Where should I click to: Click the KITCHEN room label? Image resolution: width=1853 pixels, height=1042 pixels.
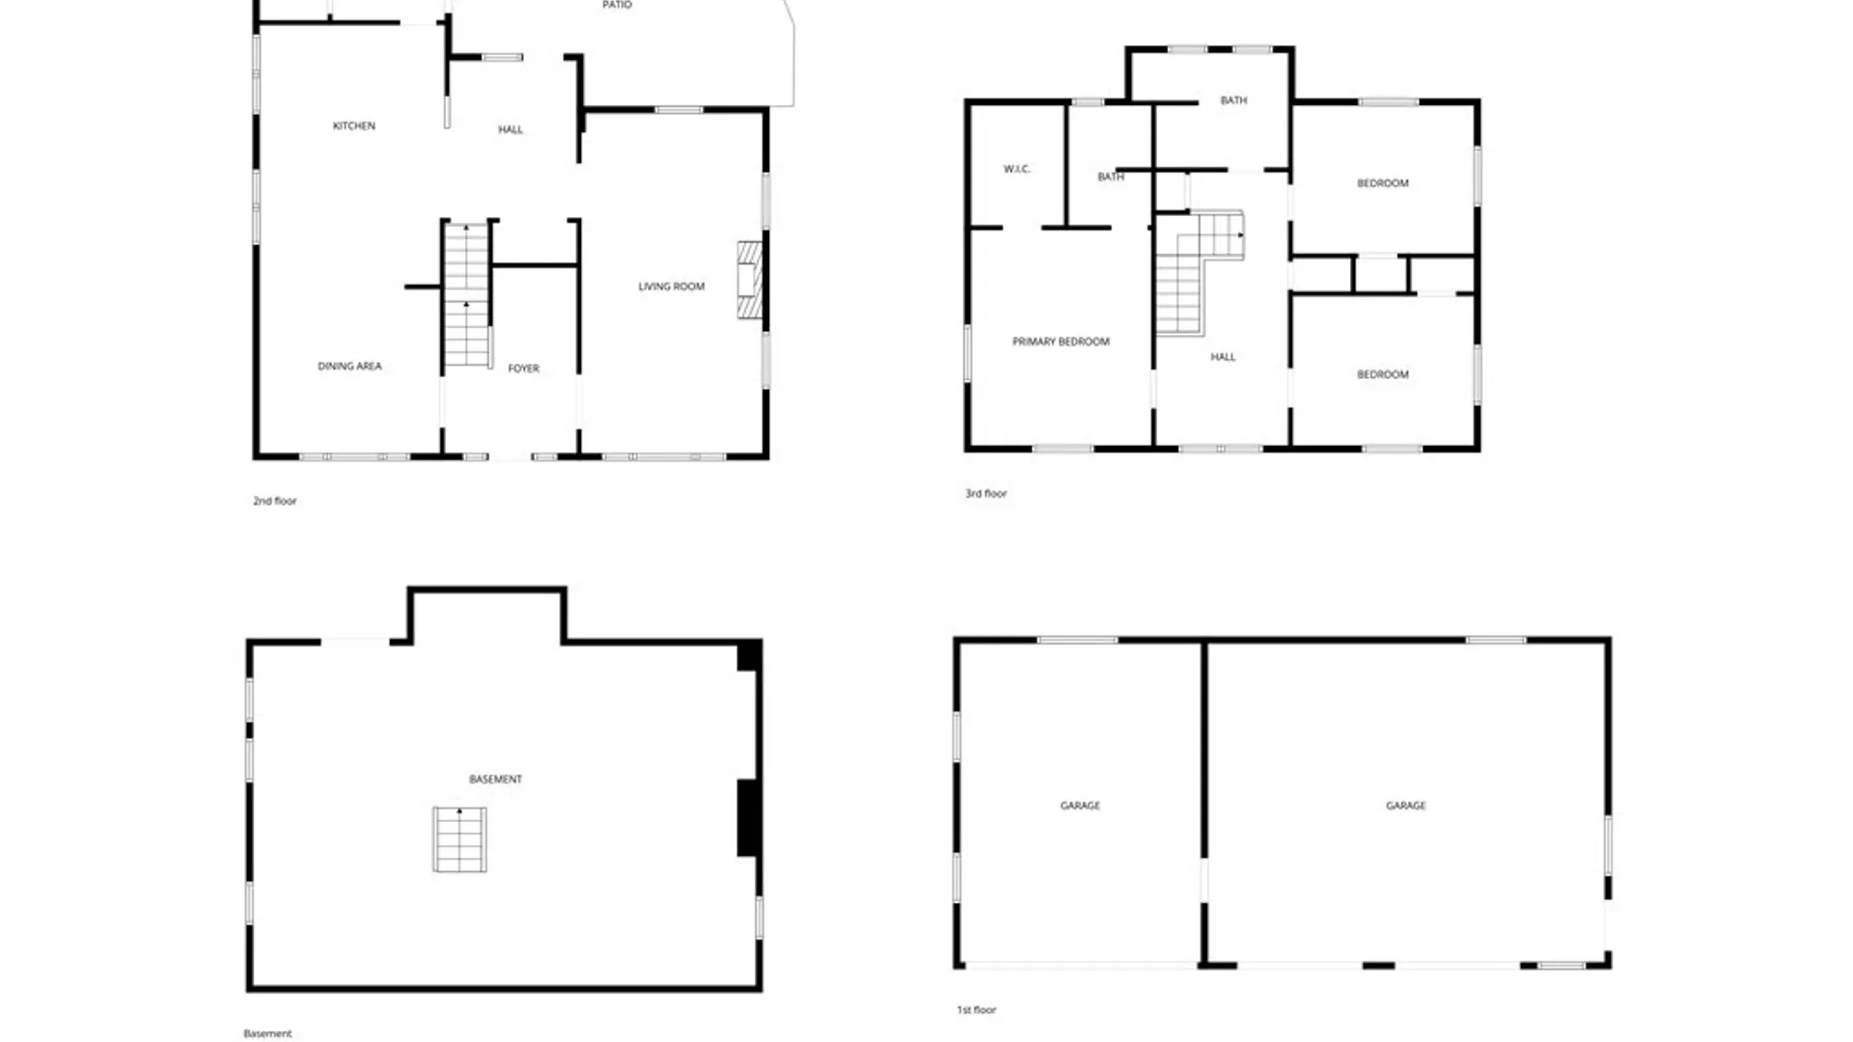(354, 125)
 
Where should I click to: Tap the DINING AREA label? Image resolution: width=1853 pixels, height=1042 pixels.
(349, 366)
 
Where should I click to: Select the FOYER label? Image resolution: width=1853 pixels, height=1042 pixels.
(523, 368)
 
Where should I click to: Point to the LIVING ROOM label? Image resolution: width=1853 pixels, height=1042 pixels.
(671, 286)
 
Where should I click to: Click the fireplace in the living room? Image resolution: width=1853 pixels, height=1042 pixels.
(750, 280)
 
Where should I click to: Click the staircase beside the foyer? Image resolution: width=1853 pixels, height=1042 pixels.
(466, 294)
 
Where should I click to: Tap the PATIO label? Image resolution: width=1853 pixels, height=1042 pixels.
(617, 5)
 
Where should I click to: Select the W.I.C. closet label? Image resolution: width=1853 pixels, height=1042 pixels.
(1016, 169)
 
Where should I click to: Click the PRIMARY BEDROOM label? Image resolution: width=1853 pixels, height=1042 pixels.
(1061, 341)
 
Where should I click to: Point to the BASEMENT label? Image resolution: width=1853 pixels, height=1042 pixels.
(495, 779)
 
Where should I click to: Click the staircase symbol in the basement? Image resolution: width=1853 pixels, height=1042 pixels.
(459, 839)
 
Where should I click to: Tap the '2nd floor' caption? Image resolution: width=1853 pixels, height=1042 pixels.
(274, 501)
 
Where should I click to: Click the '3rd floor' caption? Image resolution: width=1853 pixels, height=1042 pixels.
(985, 493)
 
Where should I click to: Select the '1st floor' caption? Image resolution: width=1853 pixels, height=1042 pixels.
(976, 1009)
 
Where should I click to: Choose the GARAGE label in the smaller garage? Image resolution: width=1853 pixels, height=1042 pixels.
(1080, 805)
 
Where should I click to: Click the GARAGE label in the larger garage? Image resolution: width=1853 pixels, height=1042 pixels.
(1405, 805)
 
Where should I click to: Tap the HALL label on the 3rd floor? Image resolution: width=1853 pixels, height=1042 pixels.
(1223, 356)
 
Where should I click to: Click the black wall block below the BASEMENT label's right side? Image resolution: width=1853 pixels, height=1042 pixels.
(748, 818)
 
